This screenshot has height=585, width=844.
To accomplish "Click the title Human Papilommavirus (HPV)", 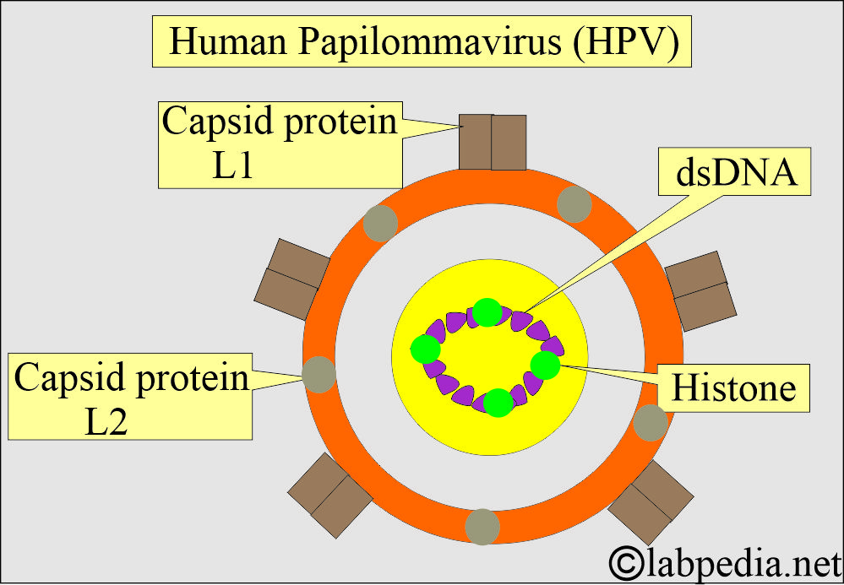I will point(422,42).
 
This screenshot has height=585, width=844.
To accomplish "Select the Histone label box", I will point(732,389).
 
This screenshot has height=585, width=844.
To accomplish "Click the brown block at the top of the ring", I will point(493,143).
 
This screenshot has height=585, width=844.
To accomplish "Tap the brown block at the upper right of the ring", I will point(699,290).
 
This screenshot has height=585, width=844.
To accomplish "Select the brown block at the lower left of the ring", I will point(329,494).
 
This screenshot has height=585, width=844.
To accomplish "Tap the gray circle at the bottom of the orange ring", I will point(482,526).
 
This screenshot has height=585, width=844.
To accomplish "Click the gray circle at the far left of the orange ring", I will point(319,373).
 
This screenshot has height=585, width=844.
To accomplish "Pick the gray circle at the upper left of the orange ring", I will point(380,223).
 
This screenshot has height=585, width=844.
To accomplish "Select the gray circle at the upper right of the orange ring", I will point(574,205).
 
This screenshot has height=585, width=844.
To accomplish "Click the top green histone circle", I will point(487,312).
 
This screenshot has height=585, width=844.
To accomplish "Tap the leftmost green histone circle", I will point(425,349).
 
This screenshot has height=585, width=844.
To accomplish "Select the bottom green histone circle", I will point(498,402).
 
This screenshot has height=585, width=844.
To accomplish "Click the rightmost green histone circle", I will point(545,366).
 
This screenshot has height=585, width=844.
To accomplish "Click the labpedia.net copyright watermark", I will point(723,559).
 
